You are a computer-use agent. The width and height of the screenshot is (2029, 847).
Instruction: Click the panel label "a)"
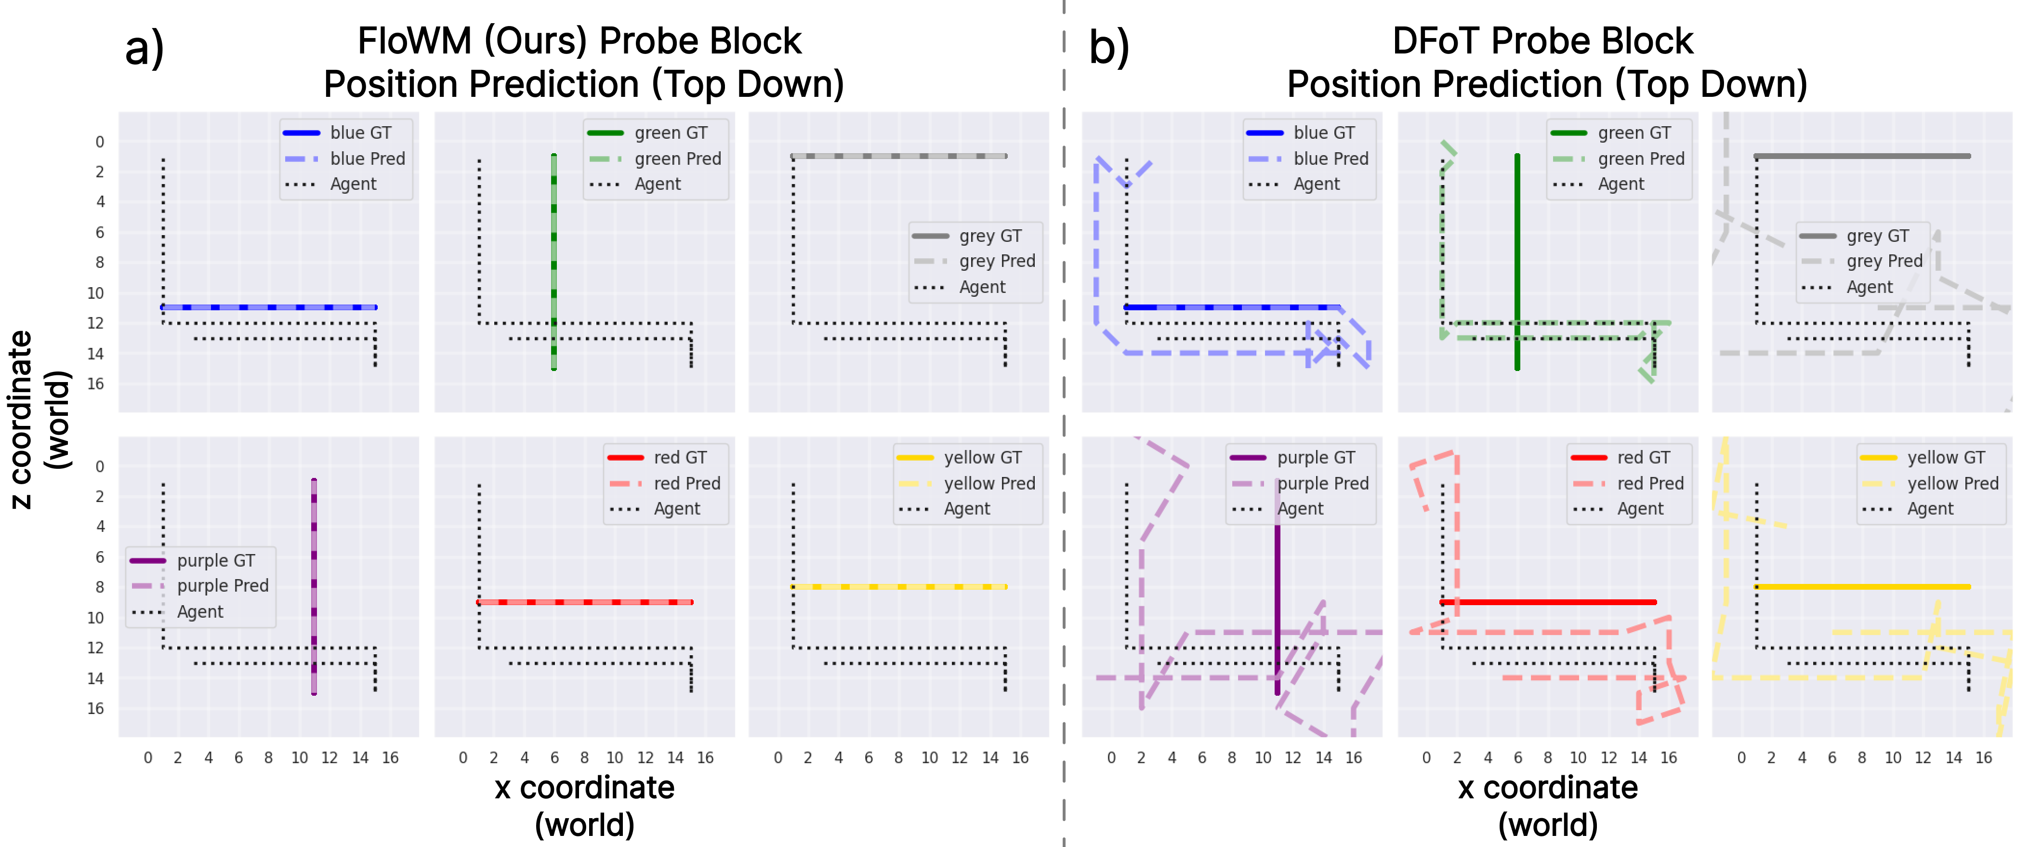click(144, 49)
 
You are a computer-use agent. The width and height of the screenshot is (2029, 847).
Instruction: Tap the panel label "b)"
click(1108, 49)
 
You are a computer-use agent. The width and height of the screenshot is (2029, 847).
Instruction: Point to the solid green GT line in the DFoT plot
click(1517, 237)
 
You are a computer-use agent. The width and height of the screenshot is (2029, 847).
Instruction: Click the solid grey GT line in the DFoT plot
click(1863, 156)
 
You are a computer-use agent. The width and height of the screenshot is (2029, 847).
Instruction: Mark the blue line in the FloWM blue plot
click(268, 307)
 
